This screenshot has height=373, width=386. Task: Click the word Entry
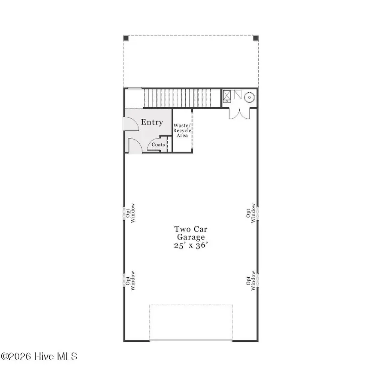click(x=152, y=122)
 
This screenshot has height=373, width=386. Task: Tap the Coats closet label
click(x=158, y=145)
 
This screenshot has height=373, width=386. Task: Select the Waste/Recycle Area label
click(x=182, y=130)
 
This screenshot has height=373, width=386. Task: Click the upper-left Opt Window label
click(x=130, y=212)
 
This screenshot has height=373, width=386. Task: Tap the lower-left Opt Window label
click(x=130, y=279)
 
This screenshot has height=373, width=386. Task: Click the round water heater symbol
click(x=249, y=97)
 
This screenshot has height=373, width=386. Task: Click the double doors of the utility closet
click(x=239, y=114)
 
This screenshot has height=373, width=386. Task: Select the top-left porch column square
click(x=126, y=38)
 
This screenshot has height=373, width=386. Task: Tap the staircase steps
click(x=178, y=98)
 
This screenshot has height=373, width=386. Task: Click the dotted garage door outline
click(x=191, y=322)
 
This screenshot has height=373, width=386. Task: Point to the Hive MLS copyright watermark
click(x=39, y=356)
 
